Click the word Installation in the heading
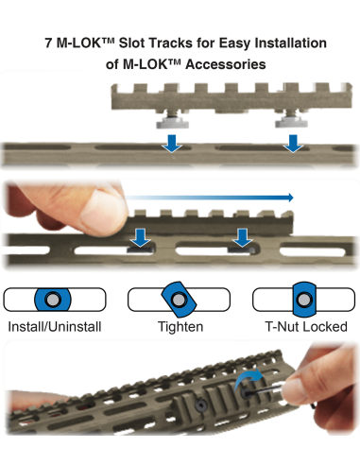(290, 43)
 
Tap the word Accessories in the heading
(226, 64)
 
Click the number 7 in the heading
(48, 43)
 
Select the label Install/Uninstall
(55, 327)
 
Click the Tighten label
(180, 327)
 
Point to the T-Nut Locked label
(306, 327)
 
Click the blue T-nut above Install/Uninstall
(53, 300)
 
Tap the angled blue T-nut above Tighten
(179, 300)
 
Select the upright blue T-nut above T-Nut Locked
(304, 300)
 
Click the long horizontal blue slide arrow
(210, 198)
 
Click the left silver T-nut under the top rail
(172, 121)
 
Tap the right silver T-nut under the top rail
(291, 121)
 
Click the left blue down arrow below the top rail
(172, 144)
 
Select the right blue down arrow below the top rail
(293, 144)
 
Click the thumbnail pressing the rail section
(101, 210)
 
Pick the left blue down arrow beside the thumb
(141, 238)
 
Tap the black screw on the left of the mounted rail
(200, 405)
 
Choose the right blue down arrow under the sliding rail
(242, 238)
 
